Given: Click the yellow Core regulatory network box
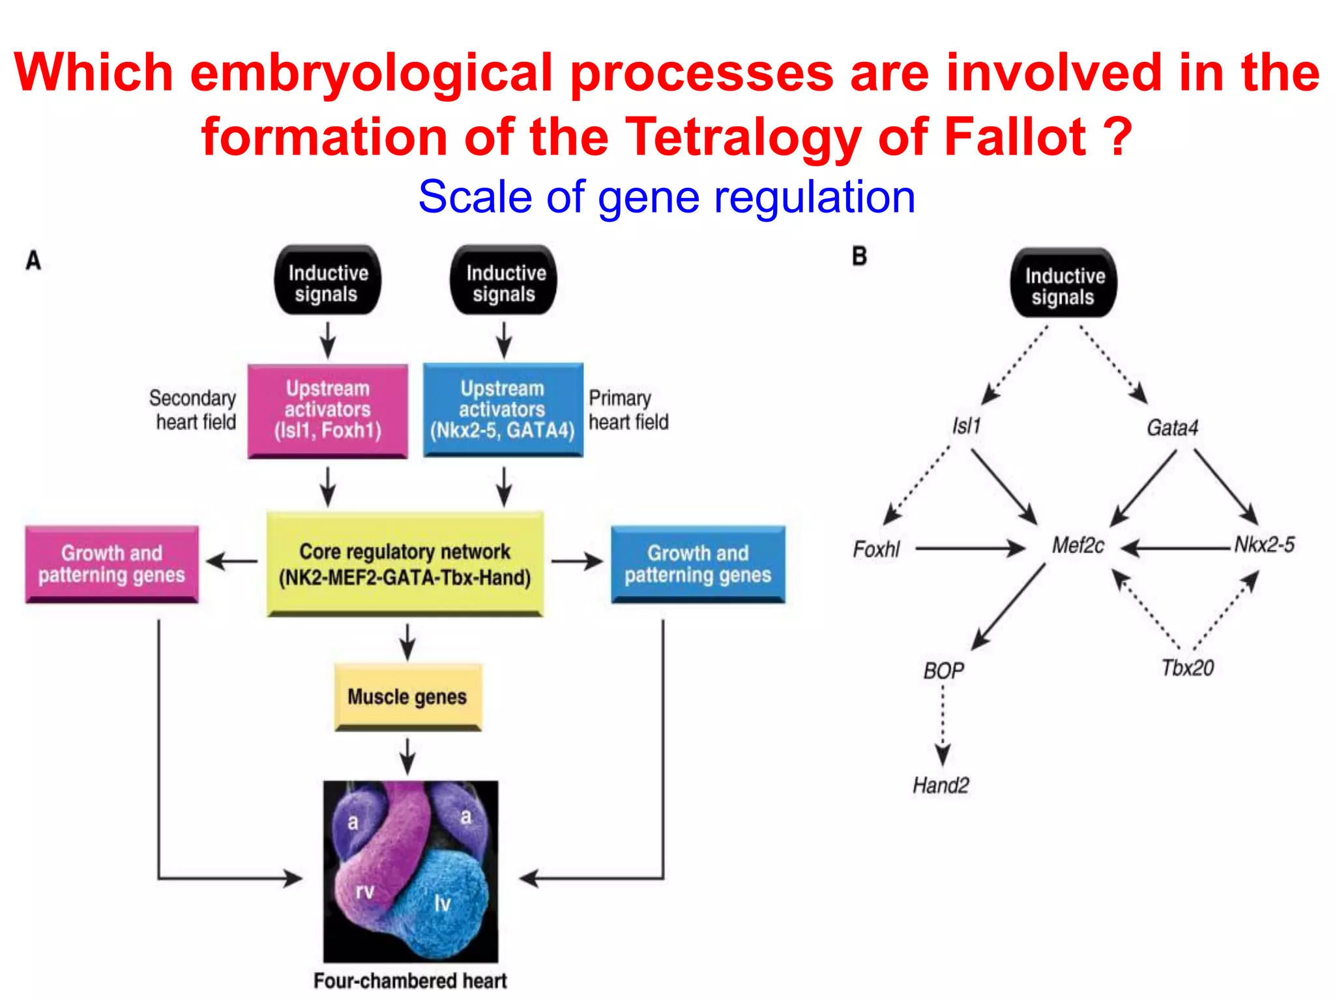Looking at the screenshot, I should coord(405,564).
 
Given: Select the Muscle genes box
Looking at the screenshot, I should coord(407,697).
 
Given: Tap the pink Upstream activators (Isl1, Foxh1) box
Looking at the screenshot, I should coord(328,410).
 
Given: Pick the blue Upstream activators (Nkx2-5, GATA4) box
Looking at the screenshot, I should coord(503,410).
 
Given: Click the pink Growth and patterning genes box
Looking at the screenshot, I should coord(111,564).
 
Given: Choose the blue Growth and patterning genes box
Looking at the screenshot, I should coord(697,564).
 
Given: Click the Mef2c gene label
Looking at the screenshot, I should coord(1078,545).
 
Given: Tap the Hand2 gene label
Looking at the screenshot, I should coord(941,785).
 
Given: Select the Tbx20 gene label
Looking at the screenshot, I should coord(1188,668).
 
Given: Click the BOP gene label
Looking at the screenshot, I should coord(943,671).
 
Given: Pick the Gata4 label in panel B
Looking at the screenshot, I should coord(1172,428).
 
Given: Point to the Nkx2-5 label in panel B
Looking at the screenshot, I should coord(1265,545).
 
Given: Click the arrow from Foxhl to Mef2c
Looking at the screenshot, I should coord(970,549).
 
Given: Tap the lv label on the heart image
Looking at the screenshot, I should coord(443,903).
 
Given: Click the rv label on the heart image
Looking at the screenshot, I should coord(365,891).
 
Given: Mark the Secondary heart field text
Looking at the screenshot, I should coord(194,410).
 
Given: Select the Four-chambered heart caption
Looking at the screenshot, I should coord(410,981).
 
